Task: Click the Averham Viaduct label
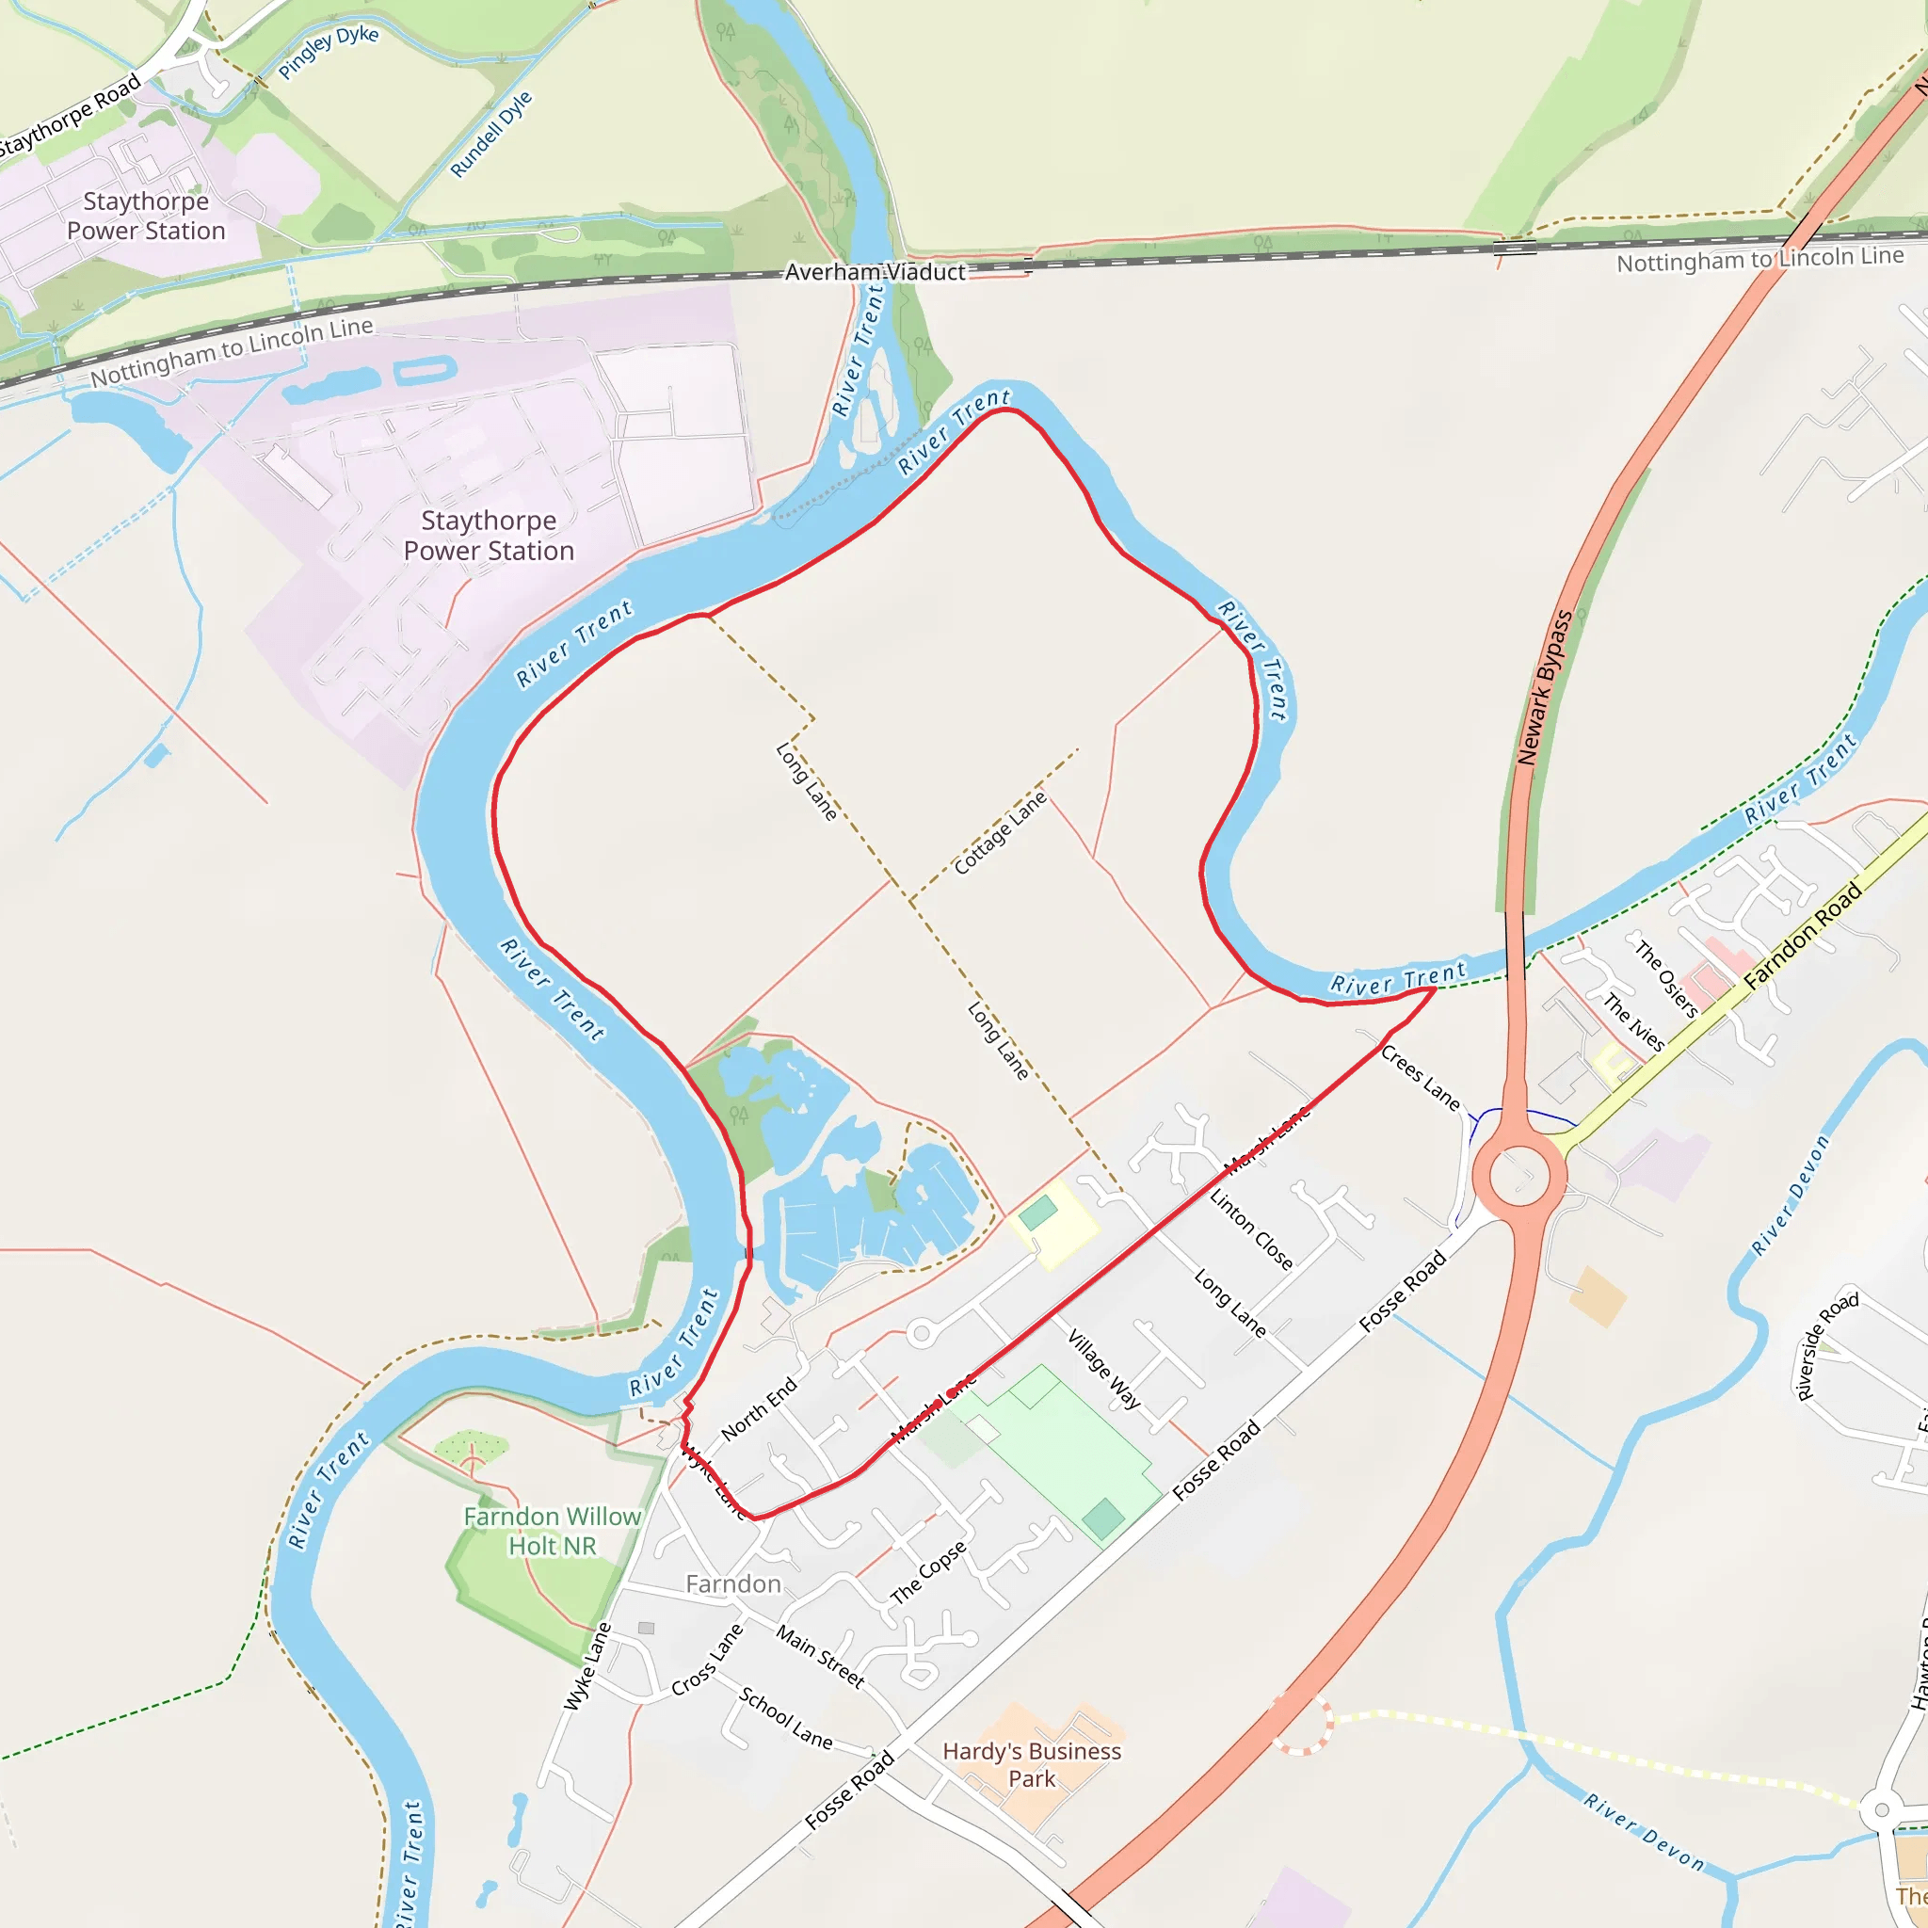click(875, 271)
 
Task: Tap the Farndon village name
click(733, 1583)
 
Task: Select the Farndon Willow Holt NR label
click(552, 1531)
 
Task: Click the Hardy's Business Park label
click(1032, 1764)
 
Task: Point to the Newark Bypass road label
click(1544, 687)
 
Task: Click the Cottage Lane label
click(1000, 833)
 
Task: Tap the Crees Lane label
click(1420, 1079)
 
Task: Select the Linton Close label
click(1251, 1229)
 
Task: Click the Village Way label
click(1103, 1368)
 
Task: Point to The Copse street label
click(928, 1573)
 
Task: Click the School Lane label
click(785, 1717)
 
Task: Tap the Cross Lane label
click(708, 1659)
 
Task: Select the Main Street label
click(819, 1657)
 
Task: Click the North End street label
click(760, 1408)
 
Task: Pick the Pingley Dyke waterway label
click(329, 52)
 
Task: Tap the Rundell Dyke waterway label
click(491, 135)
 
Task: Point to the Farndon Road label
click(1803, 936)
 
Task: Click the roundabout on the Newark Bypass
click(1518, 1176)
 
